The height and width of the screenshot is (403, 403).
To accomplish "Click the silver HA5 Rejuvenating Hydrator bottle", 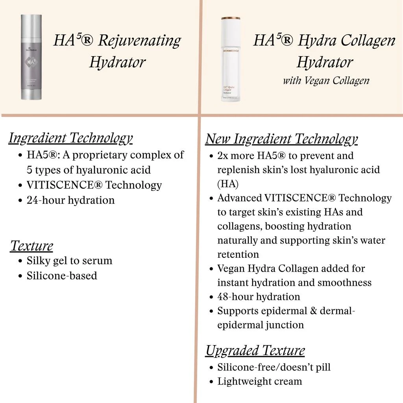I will [x=31, y=57].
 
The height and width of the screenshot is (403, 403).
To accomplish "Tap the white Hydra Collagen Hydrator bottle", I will [x=230, y=61].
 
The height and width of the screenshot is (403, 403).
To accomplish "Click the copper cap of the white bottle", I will [x=230, y=18].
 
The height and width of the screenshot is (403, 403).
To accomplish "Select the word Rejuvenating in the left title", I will [x=139, y=41].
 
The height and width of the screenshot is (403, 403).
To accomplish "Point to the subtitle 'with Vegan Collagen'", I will [x=326, y=81].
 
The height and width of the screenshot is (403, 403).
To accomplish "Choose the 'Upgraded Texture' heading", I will [x=255, y=350].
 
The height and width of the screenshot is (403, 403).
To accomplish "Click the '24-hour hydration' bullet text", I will [x=70, y=200].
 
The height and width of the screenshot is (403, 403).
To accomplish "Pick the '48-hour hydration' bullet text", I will [x=259, y=296].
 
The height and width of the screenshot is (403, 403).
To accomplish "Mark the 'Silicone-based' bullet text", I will [x=62, y=275].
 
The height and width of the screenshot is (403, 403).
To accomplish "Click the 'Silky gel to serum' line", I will [x=69, y=261].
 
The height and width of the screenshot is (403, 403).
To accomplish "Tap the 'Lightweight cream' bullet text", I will [x=260, y=381].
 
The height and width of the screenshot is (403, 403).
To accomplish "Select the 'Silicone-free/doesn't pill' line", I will [x=274, y=367].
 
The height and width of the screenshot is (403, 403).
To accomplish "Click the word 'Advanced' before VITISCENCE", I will [x=239, y=198].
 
